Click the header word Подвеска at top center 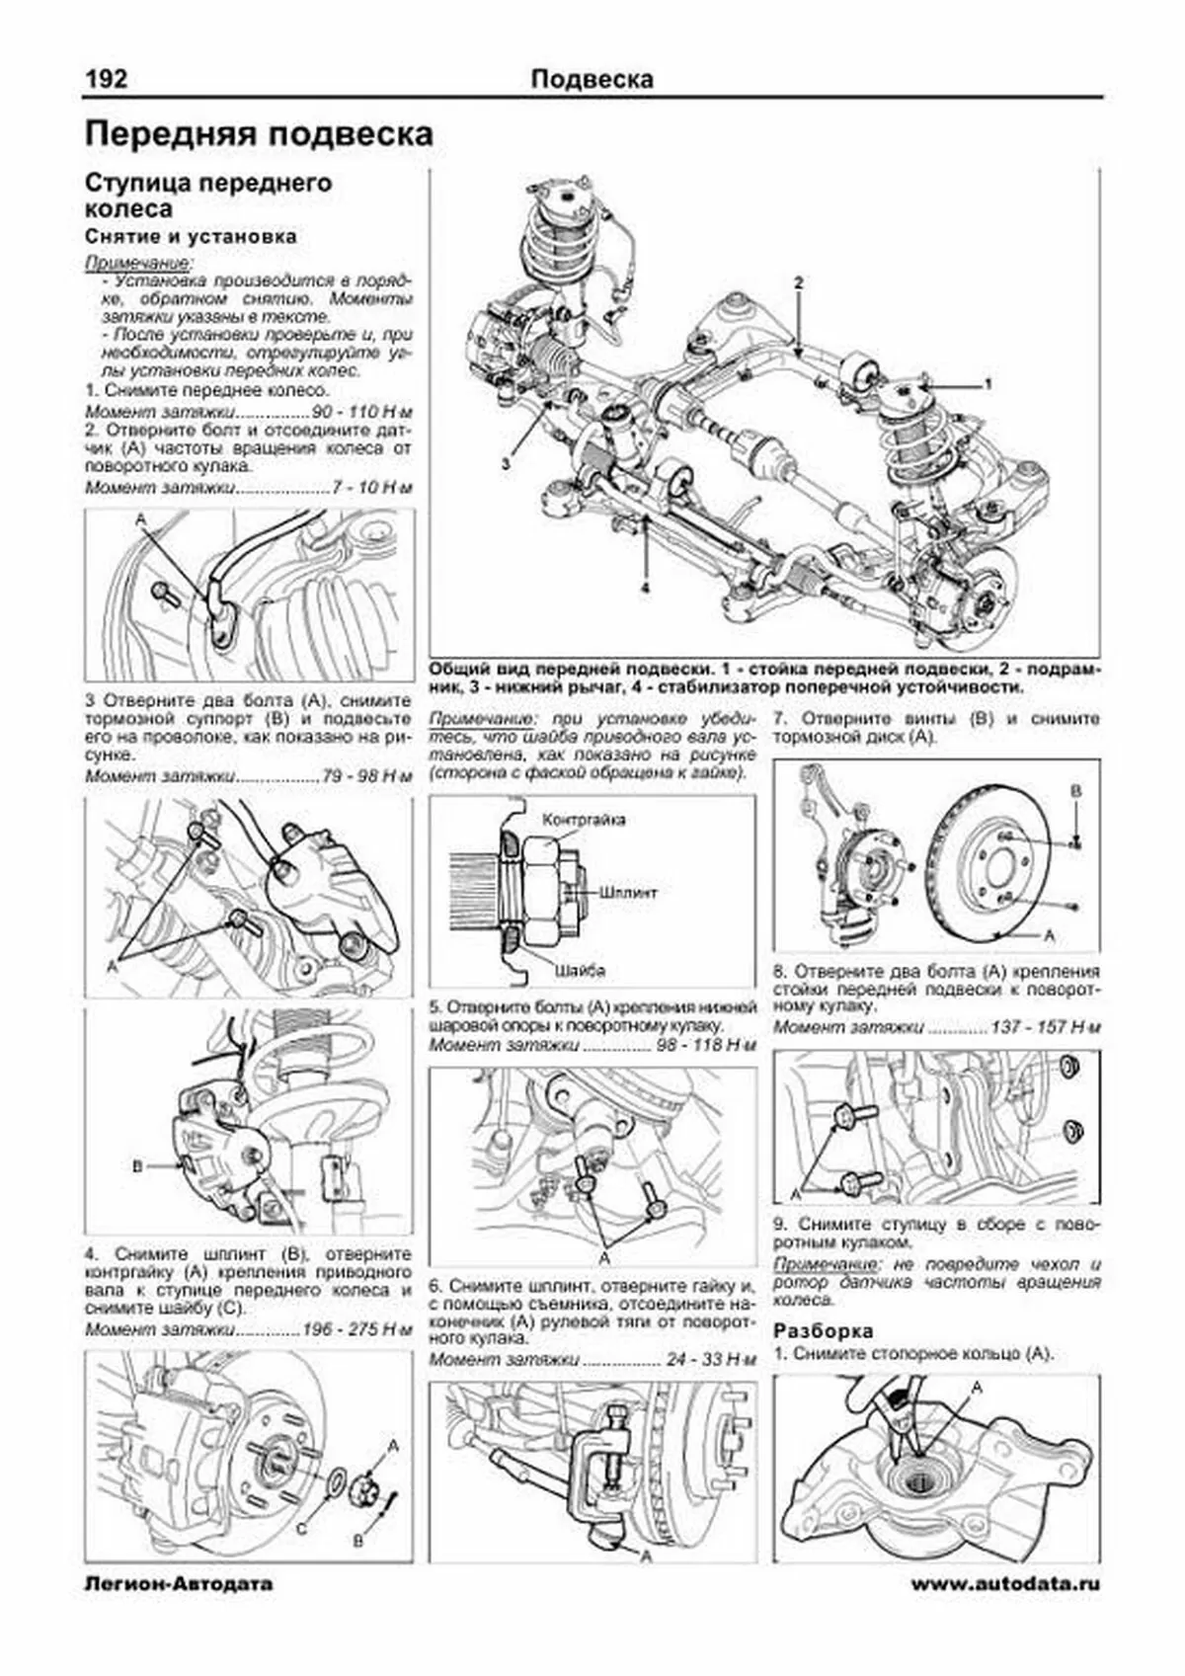[x=592, y=79]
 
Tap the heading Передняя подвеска [x=259, y=134]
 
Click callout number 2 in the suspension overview [x=799, y=282]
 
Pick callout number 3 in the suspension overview [x=507, y=462]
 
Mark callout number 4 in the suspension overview [x=645, y=589]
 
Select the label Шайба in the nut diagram [x=580, y=970]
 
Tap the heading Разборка [x=823, y=1329]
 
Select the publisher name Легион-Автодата [x=179, y=1584]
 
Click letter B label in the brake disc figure [x=1076, y=791]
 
